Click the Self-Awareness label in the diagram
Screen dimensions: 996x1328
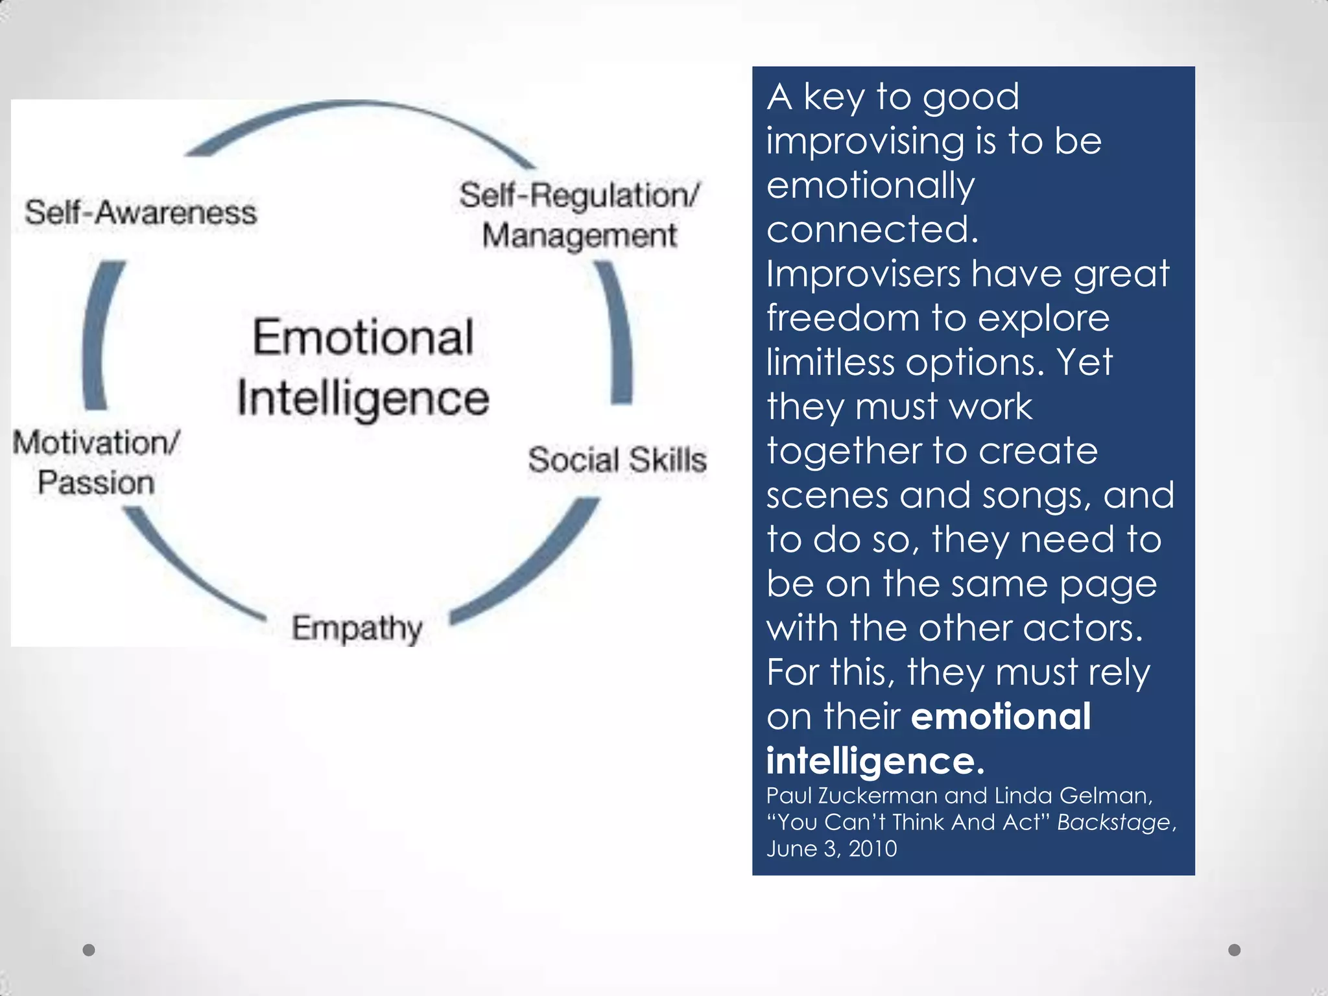(141, 213)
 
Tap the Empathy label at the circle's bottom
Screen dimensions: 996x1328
(357, 628)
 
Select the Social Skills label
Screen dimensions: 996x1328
(617, 460)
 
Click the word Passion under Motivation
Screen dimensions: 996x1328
(96, 483)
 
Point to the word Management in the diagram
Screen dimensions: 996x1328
(579, 235)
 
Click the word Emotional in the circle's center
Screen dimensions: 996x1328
(363, 338)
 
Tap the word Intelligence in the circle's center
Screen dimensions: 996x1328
(363, 397)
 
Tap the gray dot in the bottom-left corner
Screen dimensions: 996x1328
(89, 950)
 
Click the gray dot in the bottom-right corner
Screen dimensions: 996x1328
(1235, 950)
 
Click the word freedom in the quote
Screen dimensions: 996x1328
(841, 318)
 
